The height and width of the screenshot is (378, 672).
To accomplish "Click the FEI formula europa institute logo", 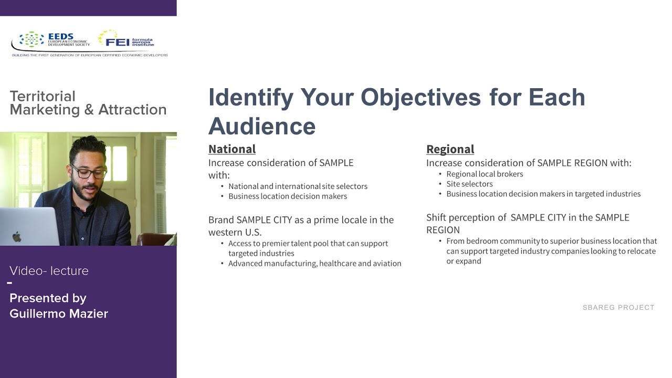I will click(x=127, y=39).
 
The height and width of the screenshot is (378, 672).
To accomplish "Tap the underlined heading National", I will click(x=232, y=149).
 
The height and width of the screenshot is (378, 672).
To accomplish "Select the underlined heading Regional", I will click(x=450, y=149).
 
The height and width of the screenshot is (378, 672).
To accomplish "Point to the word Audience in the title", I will click(x=262, y=126).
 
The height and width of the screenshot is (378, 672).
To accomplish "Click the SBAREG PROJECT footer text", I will click(x=618, y=308).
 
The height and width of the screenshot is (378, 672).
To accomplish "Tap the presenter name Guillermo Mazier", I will click(x=59, y=314).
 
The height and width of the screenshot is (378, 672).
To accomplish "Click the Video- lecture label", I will click(x=49, y=271).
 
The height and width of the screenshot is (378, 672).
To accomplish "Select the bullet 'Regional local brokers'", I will click(x=484, y=174).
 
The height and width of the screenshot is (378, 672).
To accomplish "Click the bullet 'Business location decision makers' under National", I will click(x=287, y=196).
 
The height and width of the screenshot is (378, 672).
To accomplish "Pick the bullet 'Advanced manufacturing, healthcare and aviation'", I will click(x=314, y=264).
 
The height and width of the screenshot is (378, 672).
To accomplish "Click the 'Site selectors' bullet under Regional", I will click(x=469, y=184).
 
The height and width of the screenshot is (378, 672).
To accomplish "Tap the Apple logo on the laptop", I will click(x=17, y=236).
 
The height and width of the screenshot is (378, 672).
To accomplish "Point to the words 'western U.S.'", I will click(x=235, y=232).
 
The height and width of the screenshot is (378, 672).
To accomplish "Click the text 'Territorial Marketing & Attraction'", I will click(x=88, y=103).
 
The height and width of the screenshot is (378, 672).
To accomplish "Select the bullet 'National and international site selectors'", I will click(x=298, y=186).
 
